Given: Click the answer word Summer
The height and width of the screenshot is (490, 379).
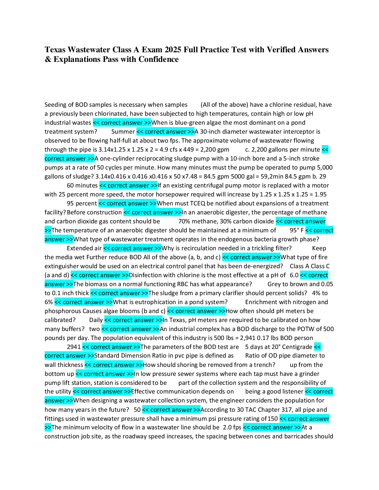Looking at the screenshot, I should (x=123, y=132).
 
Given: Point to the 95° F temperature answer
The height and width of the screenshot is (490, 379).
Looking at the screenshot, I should (x=297, y=230).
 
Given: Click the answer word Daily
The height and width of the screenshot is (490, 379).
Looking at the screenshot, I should (x=96, y=320).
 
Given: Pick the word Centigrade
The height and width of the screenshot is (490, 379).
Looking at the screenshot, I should (x=297, y=347).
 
